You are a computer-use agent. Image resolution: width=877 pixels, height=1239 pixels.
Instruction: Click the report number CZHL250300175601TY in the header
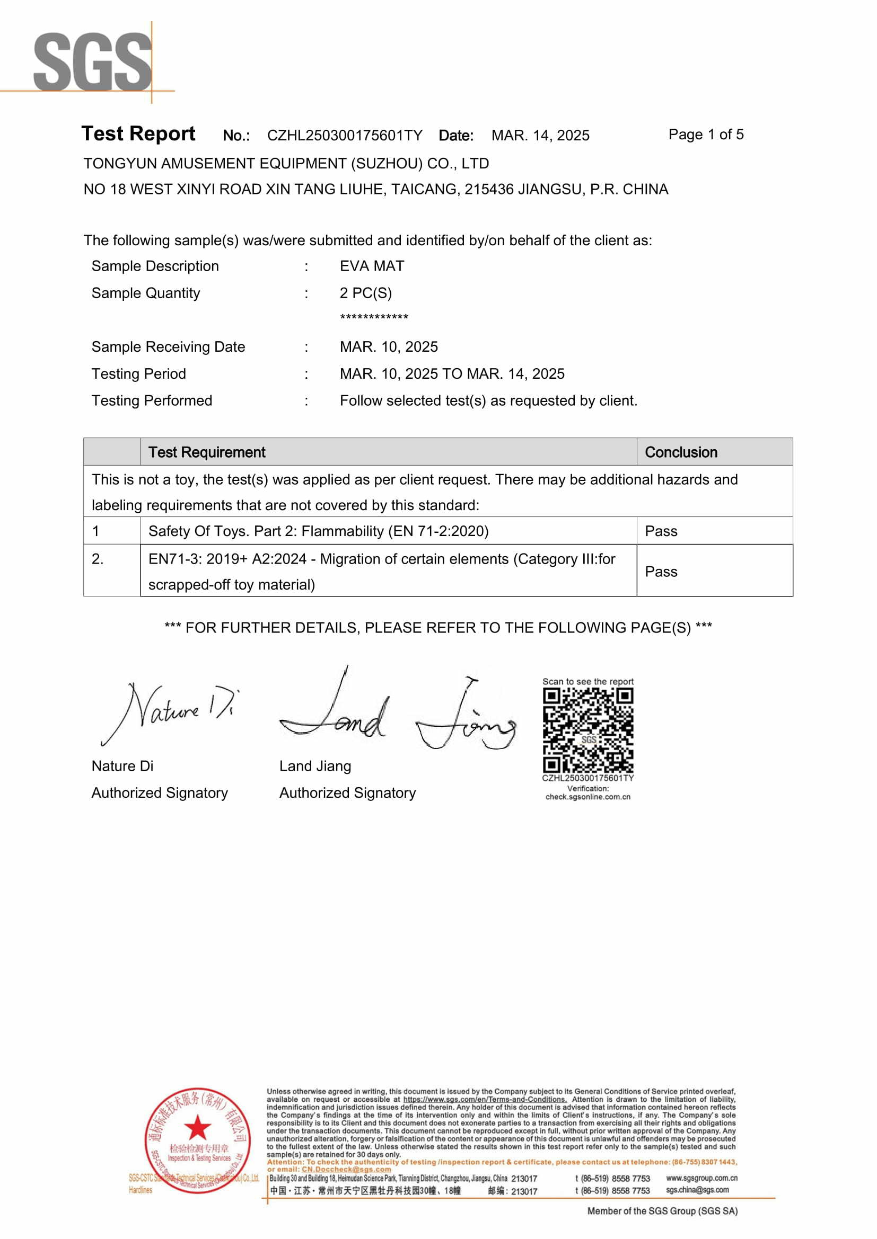[345, 136]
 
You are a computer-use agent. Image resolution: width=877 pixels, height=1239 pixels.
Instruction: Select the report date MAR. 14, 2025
[540, 136]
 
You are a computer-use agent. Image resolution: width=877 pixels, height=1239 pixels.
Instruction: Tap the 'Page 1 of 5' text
[706, 135]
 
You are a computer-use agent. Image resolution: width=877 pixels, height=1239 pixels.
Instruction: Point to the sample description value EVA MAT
[372, 266]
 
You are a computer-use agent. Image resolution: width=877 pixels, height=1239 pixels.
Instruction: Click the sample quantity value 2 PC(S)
[366, 293]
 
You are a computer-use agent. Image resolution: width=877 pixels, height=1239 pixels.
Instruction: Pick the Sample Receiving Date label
[168, 347]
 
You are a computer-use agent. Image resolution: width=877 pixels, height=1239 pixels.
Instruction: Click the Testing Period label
[139, 374]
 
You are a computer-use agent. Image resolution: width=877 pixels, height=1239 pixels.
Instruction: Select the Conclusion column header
[681, 452]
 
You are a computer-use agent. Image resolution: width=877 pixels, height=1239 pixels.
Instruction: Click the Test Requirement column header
[207, 452]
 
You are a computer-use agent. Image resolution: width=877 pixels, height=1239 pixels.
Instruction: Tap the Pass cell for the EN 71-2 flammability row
[661, 531]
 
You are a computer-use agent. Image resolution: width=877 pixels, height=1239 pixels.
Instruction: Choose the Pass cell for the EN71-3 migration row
[661, 572]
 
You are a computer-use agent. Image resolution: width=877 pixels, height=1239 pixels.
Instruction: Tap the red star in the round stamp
[197, 1127]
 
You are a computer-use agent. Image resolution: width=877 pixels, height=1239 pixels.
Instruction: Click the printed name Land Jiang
[315, 766]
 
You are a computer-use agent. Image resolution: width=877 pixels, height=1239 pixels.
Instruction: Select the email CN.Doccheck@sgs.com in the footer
[346, 1170]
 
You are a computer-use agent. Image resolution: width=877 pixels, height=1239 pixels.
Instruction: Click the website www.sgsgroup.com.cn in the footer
[701, 1178]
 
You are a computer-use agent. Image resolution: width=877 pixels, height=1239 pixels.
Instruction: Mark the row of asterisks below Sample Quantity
[374, 317]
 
